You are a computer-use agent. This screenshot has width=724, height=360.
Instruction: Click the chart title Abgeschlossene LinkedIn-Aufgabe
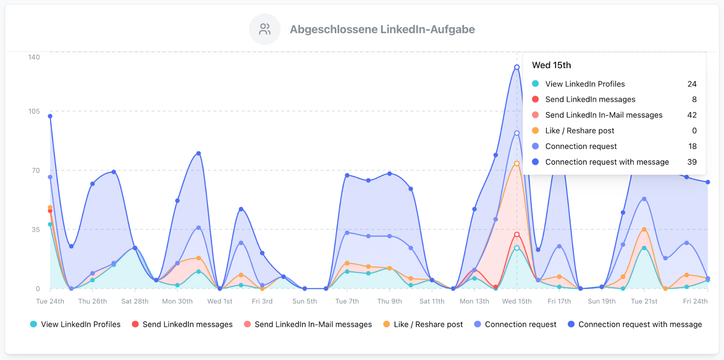tap(382, 29)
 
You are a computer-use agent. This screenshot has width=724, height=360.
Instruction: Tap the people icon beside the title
tap(265, 29)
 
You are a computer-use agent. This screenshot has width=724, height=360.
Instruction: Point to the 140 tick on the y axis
tap(34, 57)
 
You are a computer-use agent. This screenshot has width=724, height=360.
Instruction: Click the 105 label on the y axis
tap(34, 111)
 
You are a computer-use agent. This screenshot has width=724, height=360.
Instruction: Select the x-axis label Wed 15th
tap(517, 301)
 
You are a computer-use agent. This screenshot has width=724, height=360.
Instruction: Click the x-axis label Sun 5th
tap(305, 301)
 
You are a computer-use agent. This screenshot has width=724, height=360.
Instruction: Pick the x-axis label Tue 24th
tap(50, 301)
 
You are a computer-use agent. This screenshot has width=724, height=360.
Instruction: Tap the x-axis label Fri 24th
tap(695, 301)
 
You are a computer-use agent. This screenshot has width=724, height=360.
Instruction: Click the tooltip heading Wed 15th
tap(551, 65)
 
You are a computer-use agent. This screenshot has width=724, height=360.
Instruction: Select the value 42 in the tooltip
tap(692, 115)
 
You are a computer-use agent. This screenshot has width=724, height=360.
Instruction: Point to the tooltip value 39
tap(692, 162)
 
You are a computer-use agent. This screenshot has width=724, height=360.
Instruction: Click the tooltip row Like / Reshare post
tap(579, 131)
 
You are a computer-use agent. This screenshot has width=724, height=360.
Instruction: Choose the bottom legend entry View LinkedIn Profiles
tap(76, 324)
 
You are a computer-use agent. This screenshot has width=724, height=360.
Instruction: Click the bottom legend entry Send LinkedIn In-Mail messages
tap(308, 324)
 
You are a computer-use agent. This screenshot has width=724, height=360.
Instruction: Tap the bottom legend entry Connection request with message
tap(635, 324)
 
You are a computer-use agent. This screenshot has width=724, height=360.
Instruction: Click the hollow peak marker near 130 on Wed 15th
tap(517, 67)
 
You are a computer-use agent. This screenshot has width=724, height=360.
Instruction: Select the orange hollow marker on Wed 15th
tap(517, 164)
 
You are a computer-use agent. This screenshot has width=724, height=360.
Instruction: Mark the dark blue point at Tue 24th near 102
tap(50, 116)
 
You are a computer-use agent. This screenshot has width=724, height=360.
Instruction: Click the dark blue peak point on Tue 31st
tap(199, 154)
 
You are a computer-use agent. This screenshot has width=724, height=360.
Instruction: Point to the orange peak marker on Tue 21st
tap(644, 230)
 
